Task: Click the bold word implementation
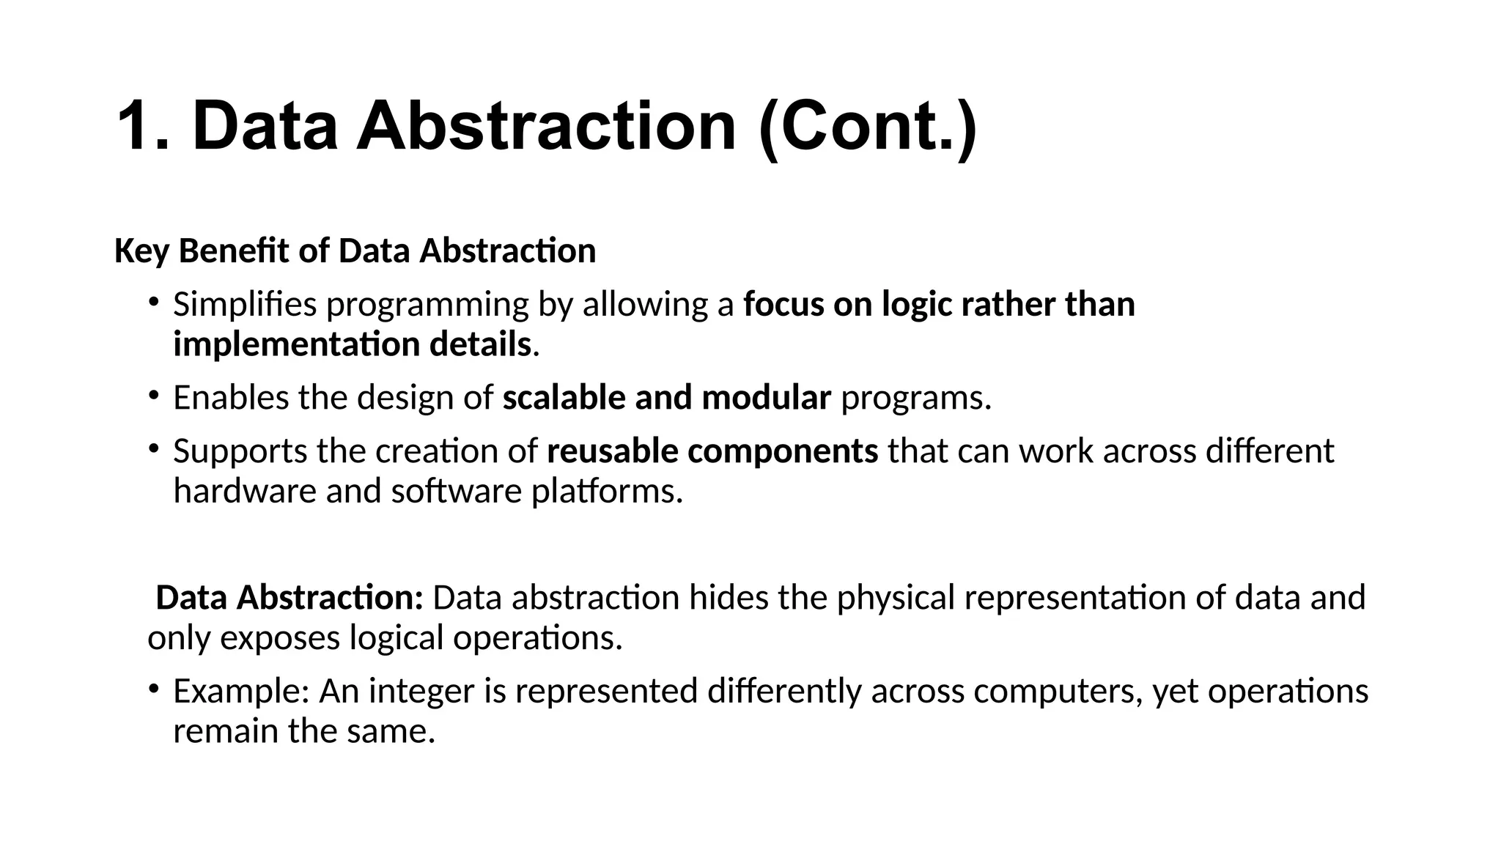click(x=296, y=344)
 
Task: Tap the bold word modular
click(x=766, y=398)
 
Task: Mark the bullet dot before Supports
click(x=152, y=448)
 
